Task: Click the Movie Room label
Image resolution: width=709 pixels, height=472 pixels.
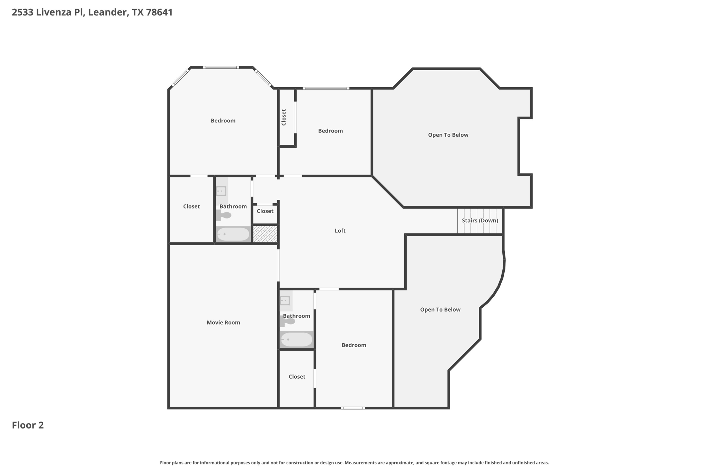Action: pos(223,322)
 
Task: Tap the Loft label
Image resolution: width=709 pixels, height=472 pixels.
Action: pos(340,231)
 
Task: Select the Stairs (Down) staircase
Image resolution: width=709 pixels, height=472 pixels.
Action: pos(480,221)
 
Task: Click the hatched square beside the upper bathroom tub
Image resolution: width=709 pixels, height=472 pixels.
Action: pos(265,234)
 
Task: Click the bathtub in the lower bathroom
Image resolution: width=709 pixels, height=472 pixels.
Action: pos(296,340)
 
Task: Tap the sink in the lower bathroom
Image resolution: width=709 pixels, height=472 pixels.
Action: pos(285,300)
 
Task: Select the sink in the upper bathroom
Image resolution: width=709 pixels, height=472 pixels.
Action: pos(221,191)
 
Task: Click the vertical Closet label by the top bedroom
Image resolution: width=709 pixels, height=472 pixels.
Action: pos(284,117)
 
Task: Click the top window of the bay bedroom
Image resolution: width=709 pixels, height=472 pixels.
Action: pos(221,67)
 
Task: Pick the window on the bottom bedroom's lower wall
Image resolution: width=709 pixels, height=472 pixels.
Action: pos(353,408)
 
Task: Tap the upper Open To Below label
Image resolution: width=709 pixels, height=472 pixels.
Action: pos(448,135)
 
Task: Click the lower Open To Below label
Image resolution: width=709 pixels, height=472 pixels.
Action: pos(440,309)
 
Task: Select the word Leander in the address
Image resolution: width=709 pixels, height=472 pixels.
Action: pos(107,12)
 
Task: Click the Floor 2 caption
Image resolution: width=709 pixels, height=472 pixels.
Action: pos(28,425)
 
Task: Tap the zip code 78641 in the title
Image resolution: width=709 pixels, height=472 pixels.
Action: pos(159,12)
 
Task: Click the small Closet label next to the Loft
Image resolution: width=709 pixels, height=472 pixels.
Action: pos(265,211)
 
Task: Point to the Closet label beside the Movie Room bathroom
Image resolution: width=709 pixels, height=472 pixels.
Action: pos(297,377)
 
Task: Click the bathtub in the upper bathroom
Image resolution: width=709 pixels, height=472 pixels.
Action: pos(233,234)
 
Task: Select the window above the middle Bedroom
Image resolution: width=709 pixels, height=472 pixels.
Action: pos(326,89)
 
